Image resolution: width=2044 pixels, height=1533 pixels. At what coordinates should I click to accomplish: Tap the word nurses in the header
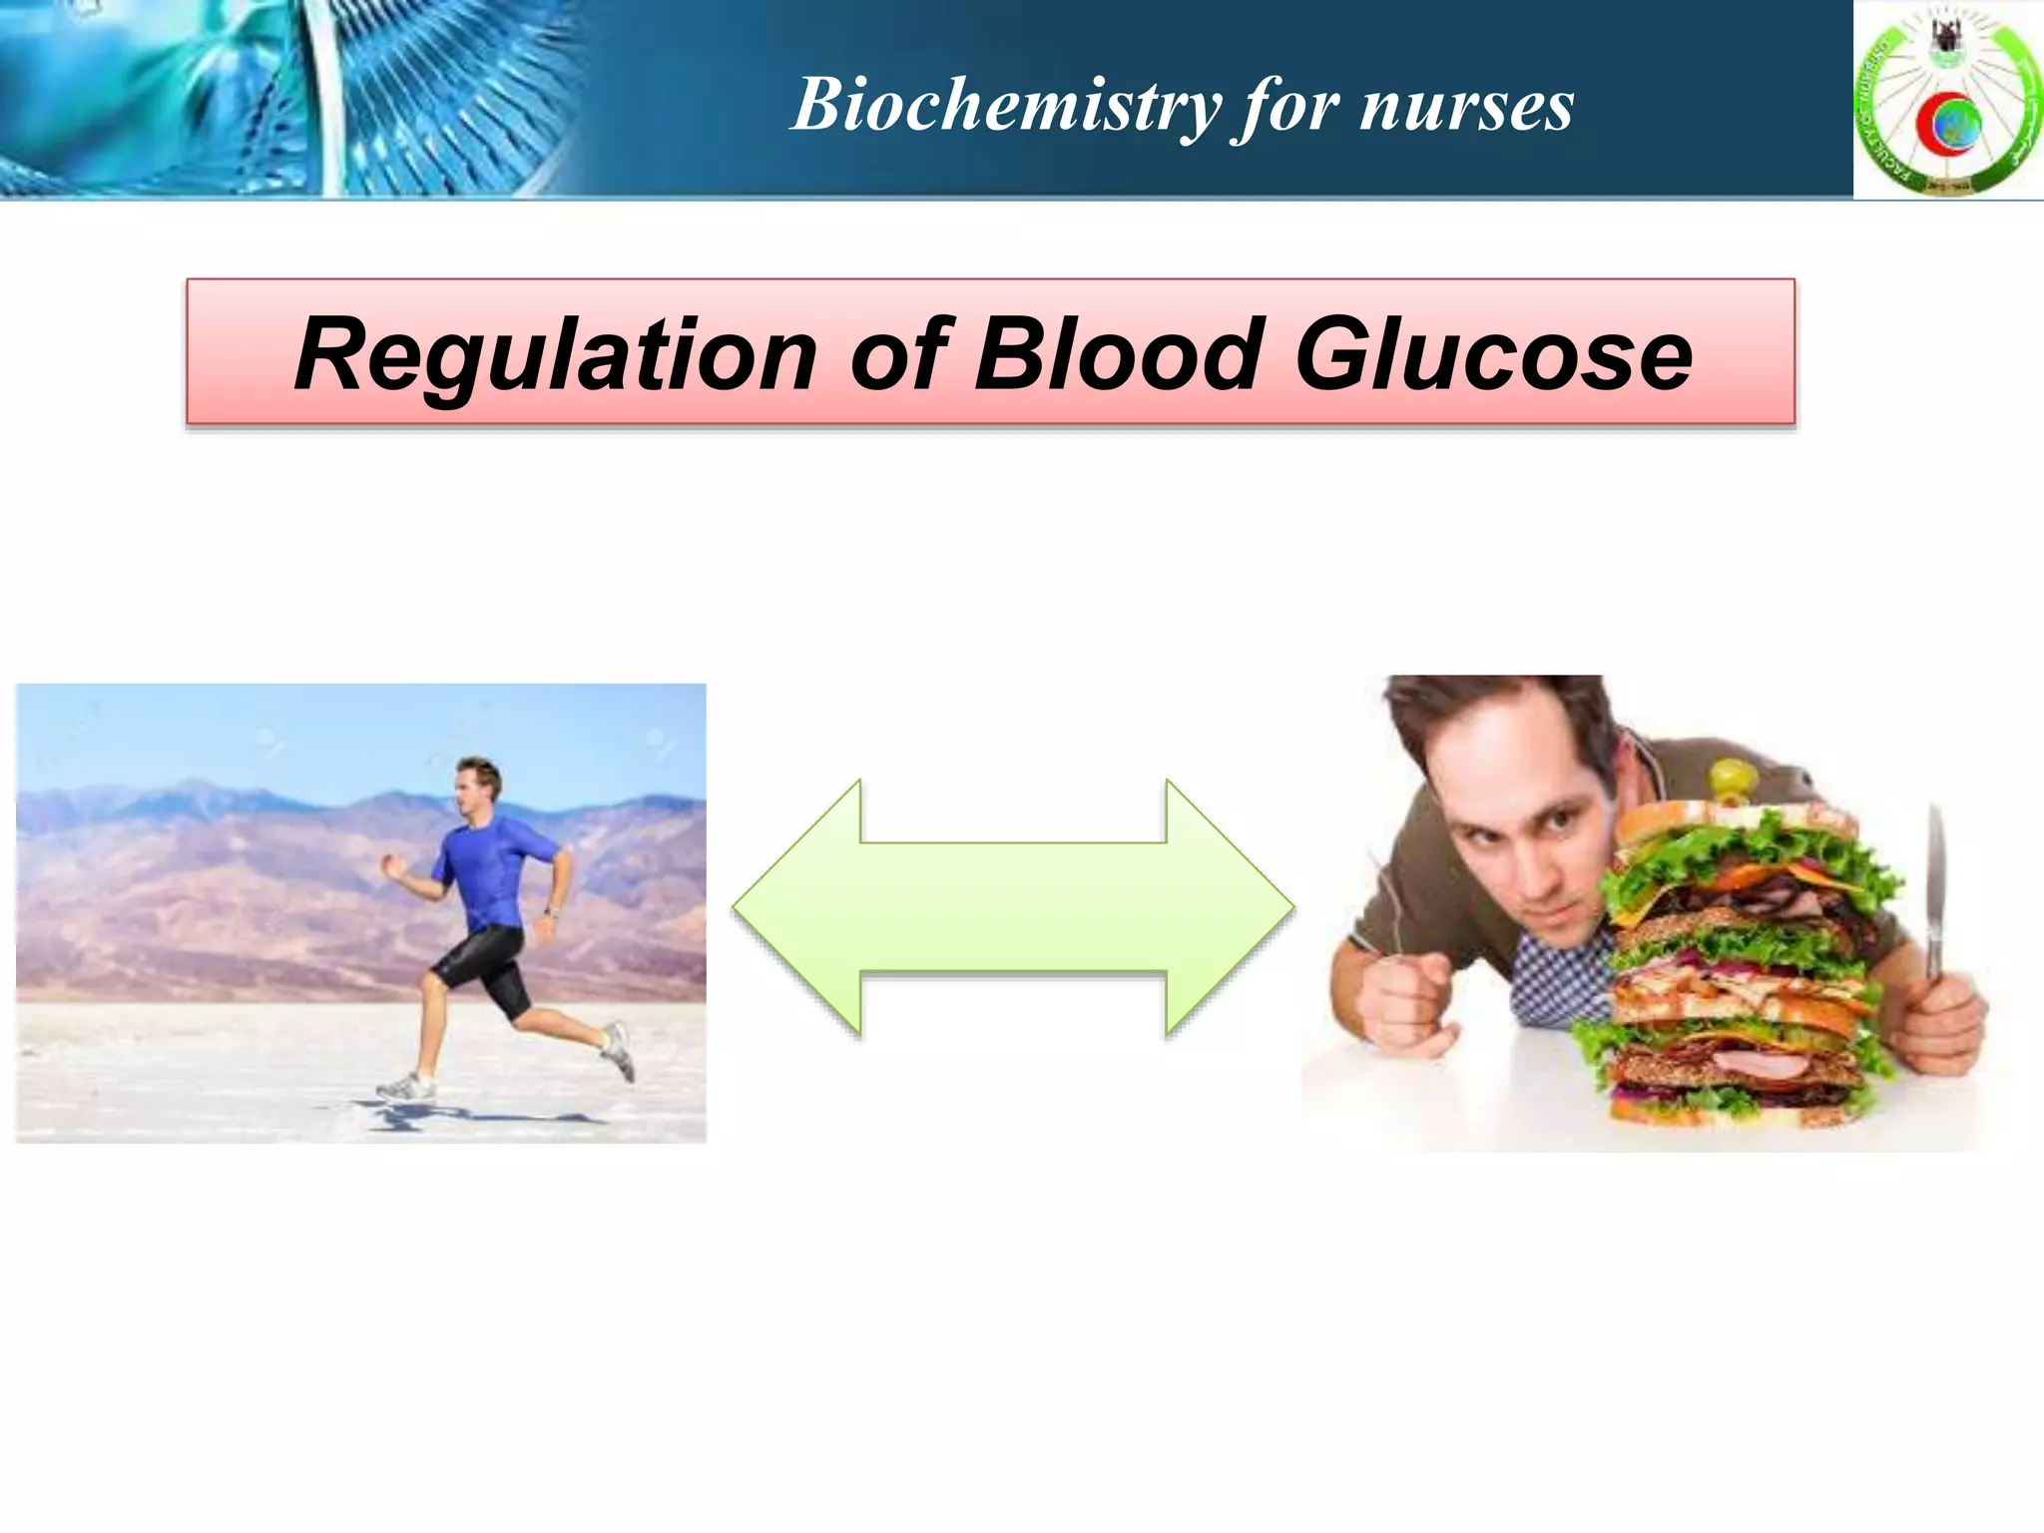click(1466, 106)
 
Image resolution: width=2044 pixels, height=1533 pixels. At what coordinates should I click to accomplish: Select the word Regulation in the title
click(555, 354)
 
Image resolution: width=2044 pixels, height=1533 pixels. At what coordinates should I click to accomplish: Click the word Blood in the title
click(1118, 353)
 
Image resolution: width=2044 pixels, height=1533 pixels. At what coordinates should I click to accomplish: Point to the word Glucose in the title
click(1493, 354)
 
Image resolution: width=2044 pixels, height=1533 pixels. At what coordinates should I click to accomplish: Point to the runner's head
click(477, 784)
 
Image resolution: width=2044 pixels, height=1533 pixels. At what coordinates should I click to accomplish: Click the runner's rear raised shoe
click(619, 1048)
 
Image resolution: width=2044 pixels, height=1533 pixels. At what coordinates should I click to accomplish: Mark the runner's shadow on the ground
click(439, 1113)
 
